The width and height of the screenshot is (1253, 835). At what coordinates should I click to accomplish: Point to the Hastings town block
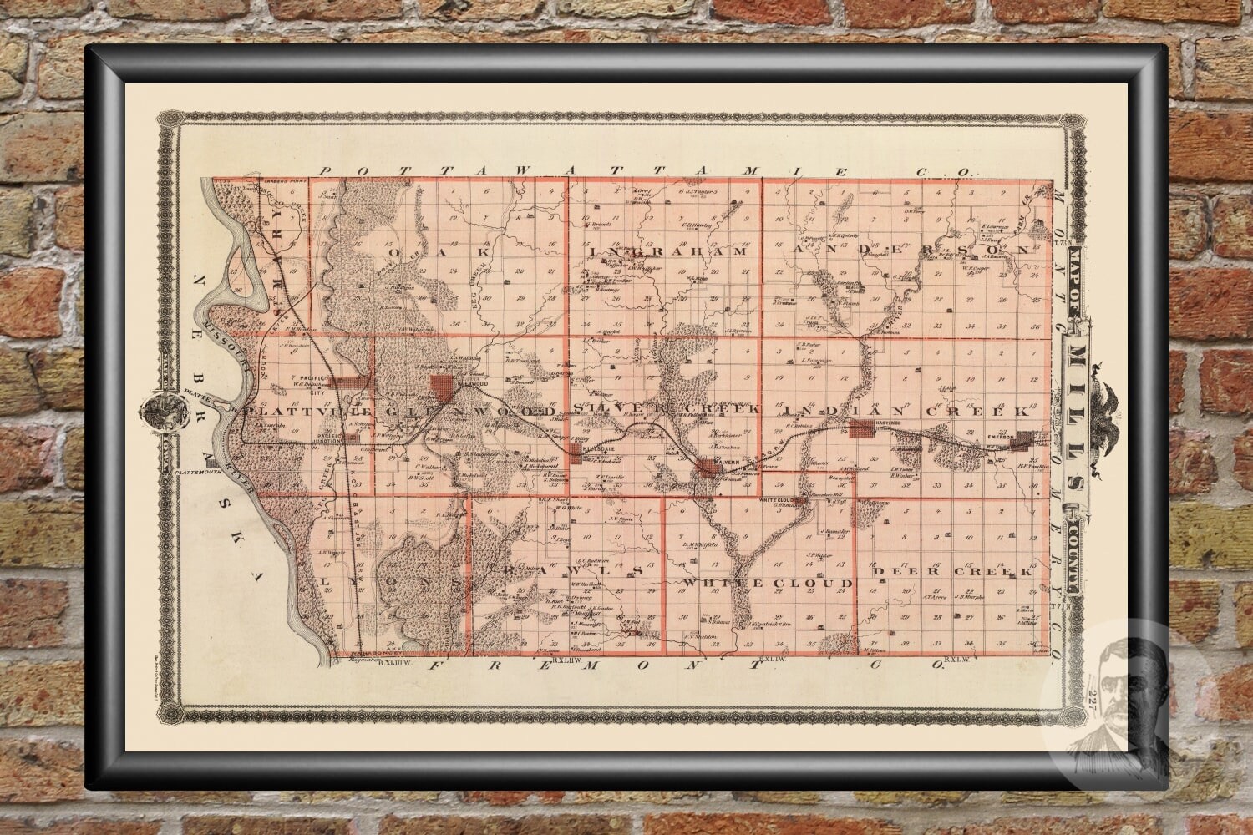[x=861, y=429]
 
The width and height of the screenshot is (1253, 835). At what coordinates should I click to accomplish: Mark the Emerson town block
[x=1021, y=440]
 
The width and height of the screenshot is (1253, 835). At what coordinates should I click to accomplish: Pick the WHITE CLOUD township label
[x=768, y=581]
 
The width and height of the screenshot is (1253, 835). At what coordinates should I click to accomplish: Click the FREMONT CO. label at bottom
[x=685, y=665]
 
